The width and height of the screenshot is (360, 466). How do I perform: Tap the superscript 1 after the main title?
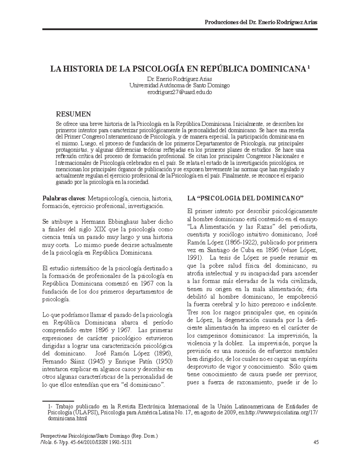tap(309, 67)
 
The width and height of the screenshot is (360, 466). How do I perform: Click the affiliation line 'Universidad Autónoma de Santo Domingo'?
tap(179, 86)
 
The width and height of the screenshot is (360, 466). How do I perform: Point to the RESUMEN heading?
tap(73, 114)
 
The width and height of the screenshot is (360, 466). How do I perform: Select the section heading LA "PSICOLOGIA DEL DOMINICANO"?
tap(245, 198)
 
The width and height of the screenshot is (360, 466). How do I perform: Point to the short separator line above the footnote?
tap(58, 401)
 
